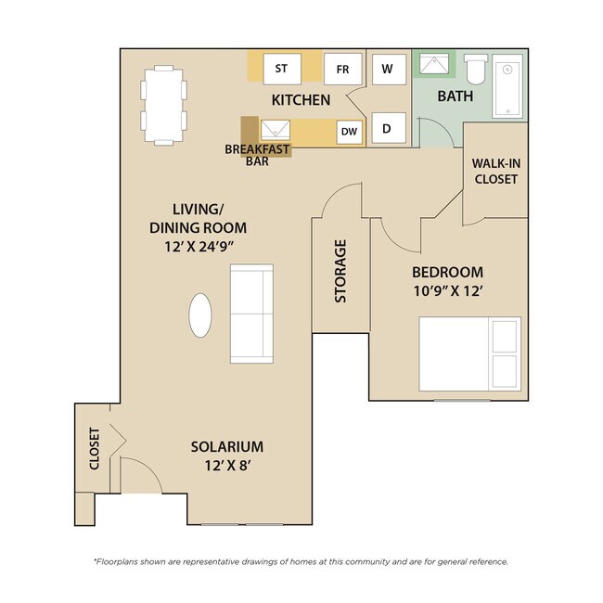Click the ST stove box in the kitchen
pos(281,69)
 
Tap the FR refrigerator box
pos(341,69)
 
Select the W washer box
pos(387,69)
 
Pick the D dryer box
pos(387,129)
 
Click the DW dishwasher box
pos(349,132)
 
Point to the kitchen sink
pos(276,131)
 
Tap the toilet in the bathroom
pos(476,69)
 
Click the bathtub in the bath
pos(507,88)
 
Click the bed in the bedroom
pos(469,353)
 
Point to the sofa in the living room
pos(250,313)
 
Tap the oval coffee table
pos(200,315)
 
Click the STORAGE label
pos(340,272)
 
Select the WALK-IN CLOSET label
pos(495,171)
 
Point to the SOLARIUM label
pos(227,446)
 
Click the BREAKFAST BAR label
pos(256,154)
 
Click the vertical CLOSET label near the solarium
pos(94,449)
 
